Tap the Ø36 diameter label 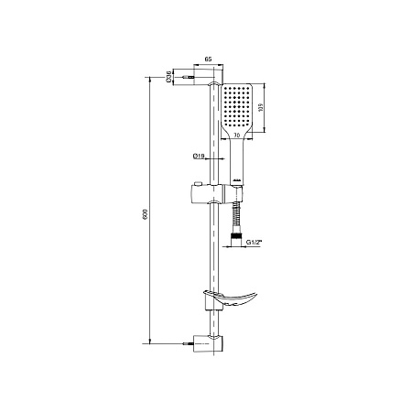tap(170, 78)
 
